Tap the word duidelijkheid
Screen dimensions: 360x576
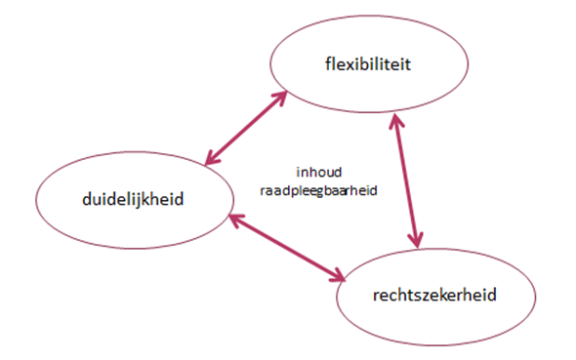click(x=134, y=199)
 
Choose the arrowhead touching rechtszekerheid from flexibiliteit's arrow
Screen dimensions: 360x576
click(x=418, y=240)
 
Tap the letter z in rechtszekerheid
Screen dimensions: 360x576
click(x=425, y=293)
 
